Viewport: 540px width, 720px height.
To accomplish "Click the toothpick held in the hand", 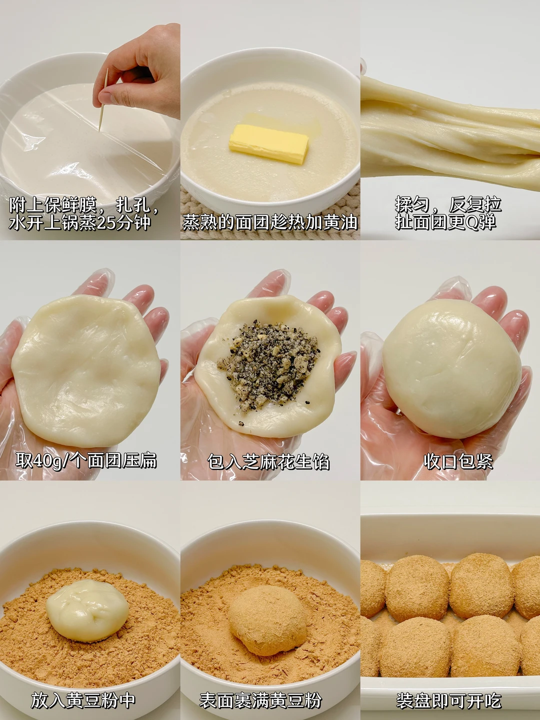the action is (103, 99).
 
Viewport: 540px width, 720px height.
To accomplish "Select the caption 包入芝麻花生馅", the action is (268, 462).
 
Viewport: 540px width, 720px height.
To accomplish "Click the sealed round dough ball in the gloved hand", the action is (452, 368).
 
